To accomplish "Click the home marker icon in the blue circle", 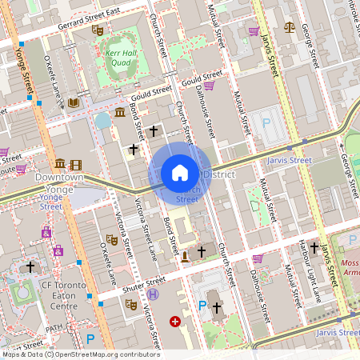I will point(180,173).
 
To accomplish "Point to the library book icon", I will point(74,102).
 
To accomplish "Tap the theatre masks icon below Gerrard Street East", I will point(98,30).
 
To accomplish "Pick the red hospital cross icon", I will point(174,322).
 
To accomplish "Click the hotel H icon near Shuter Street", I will point(152,294).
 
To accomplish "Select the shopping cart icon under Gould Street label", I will point(209,86).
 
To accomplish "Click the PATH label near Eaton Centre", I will point(53,328).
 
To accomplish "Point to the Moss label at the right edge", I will point(349,263).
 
